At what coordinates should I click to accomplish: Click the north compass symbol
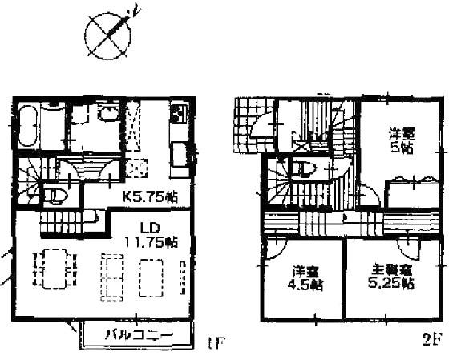pos(107,34)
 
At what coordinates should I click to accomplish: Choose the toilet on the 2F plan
pos(300,170)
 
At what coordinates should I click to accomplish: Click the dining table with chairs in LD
pos(50,275)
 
